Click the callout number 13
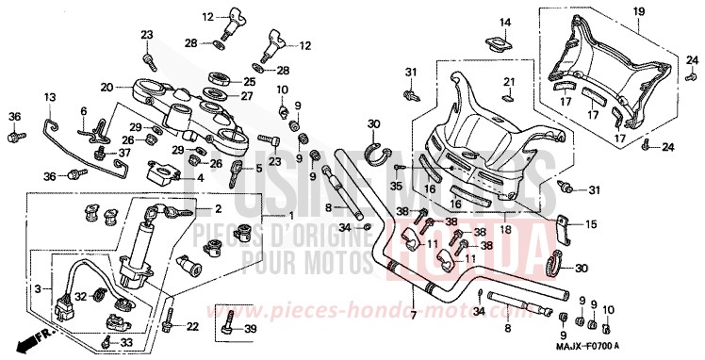50,97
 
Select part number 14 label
504,23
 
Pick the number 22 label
192,326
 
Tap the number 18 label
507,228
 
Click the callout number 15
591,224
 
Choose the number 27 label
248,95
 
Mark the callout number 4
199,176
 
